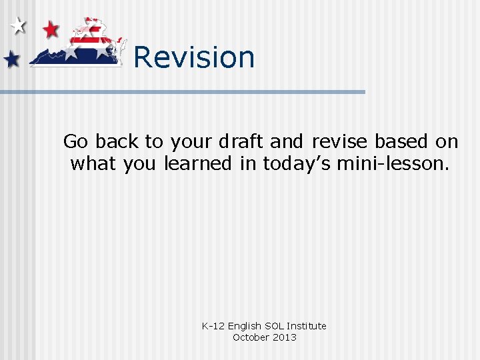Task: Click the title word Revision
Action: pos(194,57)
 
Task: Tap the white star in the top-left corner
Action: pos(19,27)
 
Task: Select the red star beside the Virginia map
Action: pos(50,29)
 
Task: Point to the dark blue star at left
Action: pos(12,60)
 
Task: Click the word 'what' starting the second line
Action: pos(94,163)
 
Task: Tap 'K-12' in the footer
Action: pos(213,326)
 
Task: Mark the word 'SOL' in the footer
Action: pos(274,326)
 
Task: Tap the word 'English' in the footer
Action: pos(245,326)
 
